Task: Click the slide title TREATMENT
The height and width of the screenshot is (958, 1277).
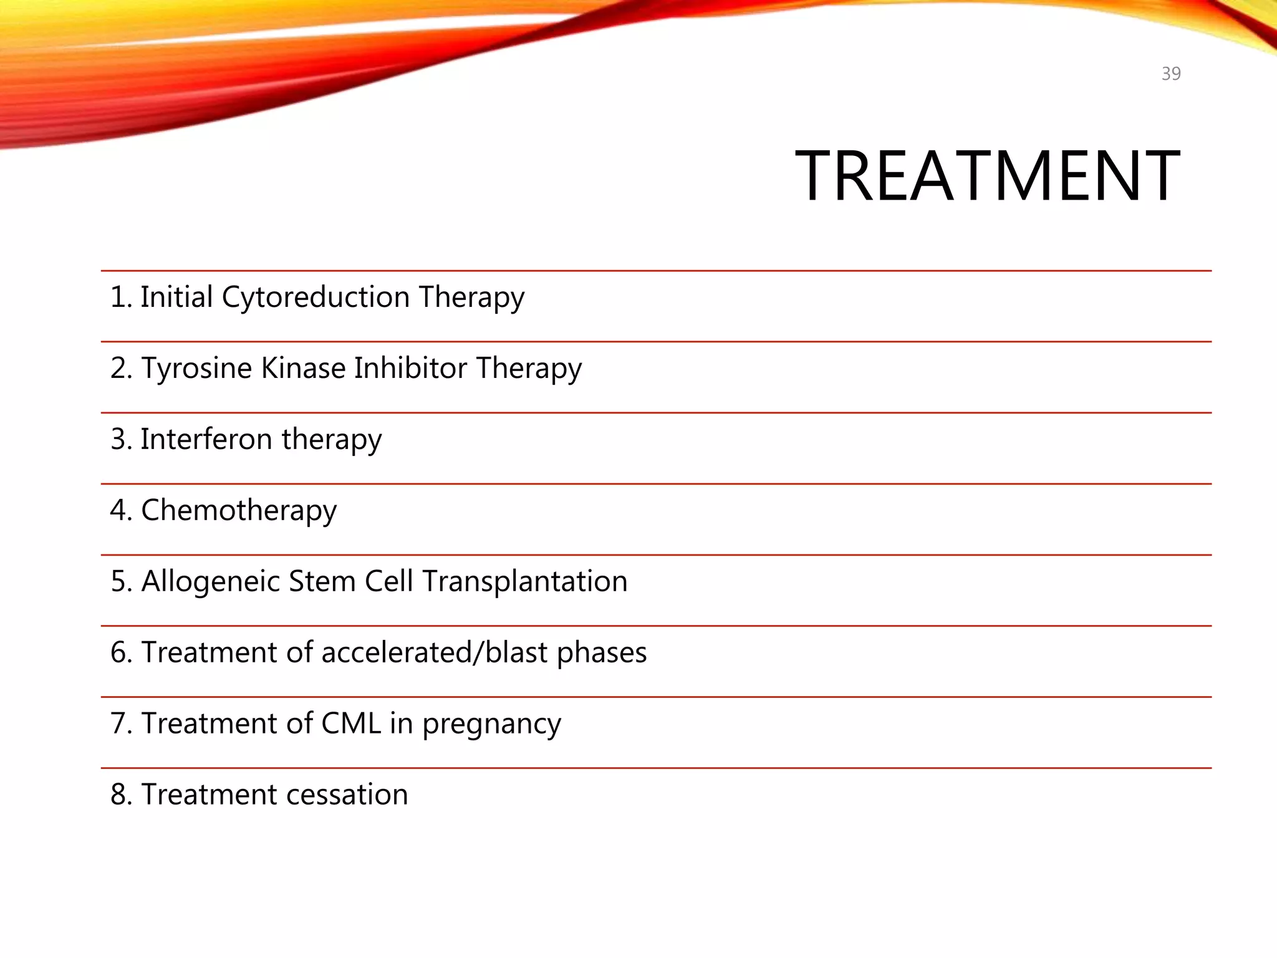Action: tap(987, 177)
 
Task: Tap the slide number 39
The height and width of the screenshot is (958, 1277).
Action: tap(1171, 74)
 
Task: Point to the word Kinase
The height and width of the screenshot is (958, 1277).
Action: tap(303, 368)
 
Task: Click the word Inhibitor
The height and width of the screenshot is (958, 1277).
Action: tap(410, 368)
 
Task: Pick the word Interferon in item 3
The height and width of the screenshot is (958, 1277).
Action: tap(206, 439)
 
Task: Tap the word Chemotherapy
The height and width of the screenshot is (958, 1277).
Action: tap(239, 510)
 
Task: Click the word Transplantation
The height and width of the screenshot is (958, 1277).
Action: tap(524, 581)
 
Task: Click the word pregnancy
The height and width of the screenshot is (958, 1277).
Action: tap(491, 725)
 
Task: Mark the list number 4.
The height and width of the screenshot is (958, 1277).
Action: tap(120, 510)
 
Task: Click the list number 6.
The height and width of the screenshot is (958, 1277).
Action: tap(120, 652)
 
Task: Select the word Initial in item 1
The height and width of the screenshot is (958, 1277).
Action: tap(176, 297)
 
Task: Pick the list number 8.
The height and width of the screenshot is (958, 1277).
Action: tap(120, 795)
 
